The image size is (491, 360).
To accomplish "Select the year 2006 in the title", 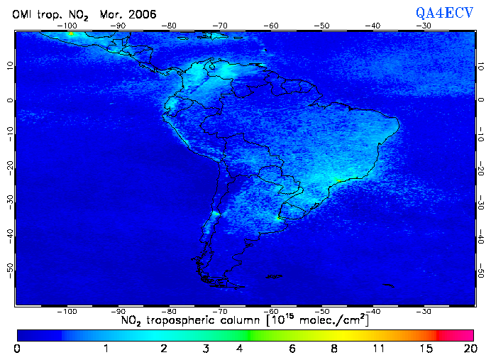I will tap(143, 14).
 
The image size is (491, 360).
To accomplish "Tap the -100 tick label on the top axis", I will tap(68, 26).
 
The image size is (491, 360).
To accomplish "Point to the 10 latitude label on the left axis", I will tap(9, 66).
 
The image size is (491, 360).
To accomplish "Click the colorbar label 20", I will tap(468, 349).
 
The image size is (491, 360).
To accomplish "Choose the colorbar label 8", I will tap(333, 349).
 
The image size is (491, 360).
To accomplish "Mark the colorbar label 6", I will tap(292, 349).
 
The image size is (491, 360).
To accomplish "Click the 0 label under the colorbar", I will tap(17, 349).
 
